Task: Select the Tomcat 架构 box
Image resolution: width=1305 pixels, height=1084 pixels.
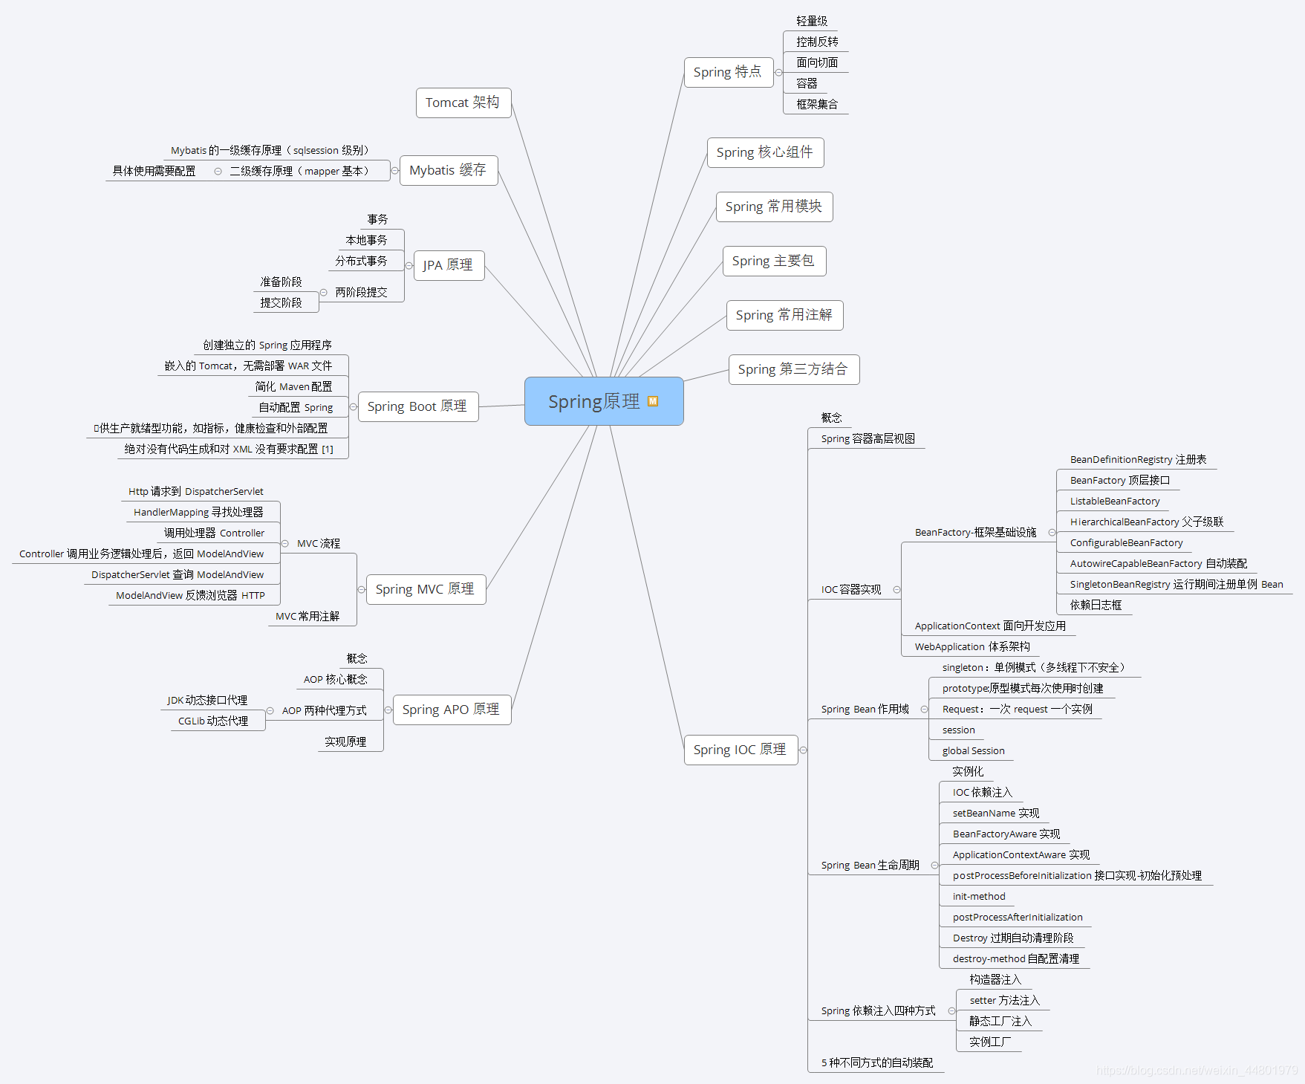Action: (463, 103)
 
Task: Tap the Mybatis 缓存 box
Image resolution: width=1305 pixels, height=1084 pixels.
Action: (448, 170)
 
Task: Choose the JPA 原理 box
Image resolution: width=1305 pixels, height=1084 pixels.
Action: (448, 265)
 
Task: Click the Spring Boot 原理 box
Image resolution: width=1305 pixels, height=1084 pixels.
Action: (417, 406)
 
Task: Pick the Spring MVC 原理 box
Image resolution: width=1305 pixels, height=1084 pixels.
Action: (425, 589)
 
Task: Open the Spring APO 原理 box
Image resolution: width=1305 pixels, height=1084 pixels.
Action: (451, 710)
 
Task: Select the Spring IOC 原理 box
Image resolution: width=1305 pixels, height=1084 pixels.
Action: (740, 750)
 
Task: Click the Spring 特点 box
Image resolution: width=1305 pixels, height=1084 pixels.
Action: (727, 72)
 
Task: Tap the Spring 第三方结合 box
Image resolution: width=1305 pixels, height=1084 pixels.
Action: (793, 369)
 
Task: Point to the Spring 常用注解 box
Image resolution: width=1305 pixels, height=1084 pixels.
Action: (784, 315)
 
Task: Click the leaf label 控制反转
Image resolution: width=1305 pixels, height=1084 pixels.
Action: (817, 42)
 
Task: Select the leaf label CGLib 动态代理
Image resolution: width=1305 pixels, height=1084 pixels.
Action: (213, 721)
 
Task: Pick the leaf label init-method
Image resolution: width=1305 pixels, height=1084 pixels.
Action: (979, 897)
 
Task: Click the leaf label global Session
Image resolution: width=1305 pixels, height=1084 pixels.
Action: (973, 751)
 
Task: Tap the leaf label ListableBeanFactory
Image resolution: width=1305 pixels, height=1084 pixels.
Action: (1114, 502)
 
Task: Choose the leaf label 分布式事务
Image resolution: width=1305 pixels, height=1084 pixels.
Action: (361, 261)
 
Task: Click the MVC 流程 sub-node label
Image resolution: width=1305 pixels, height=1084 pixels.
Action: (319, 544)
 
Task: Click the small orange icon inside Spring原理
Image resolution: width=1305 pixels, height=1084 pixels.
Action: (653, 401)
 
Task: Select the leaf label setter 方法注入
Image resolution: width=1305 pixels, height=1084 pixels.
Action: (1004, 1001)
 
